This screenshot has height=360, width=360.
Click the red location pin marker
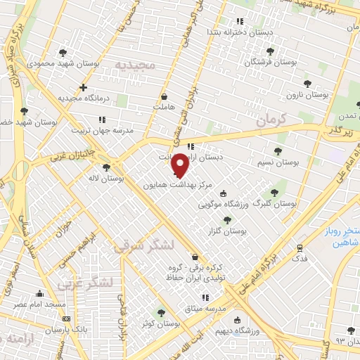pyautogui.click(x=181, y=165)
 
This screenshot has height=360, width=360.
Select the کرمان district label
pyautogui.click(x=272, y=121)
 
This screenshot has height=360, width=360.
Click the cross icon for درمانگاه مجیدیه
pyautogui.click(x=84, y=88)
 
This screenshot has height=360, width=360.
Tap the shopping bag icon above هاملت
pyautogui.click(x=164, y=97)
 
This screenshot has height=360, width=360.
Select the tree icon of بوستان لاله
pyautogui.click(x=105, y=168)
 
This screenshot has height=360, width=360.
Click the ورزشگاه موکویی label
pyautogui.click(x=224, y=205)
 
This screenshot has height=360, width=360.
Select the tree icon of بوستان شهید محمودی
pyautogui.click(x=63, y=53)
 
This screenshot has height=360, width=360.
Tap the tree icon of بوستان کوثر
pyautogui.click(x=161, y=313)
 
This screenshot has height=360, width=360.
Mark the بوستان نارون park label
pyautogui.click(x=308, y=94)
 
